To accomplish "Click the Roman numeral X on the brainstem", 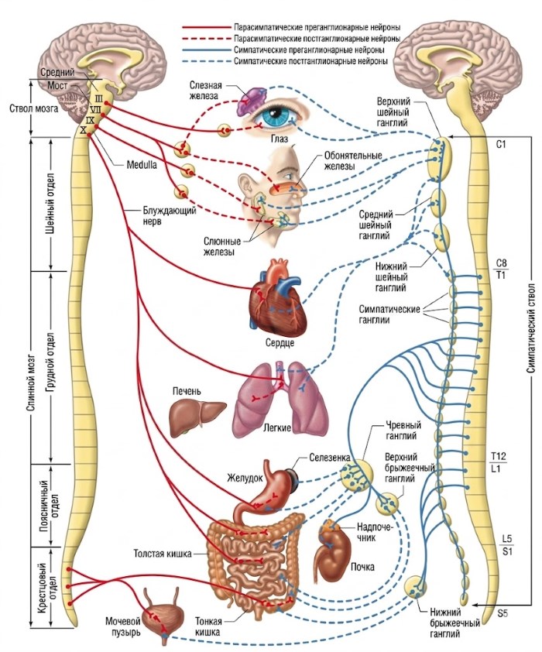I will [83, 130].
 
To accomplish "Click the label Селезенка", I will [331, 457].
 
